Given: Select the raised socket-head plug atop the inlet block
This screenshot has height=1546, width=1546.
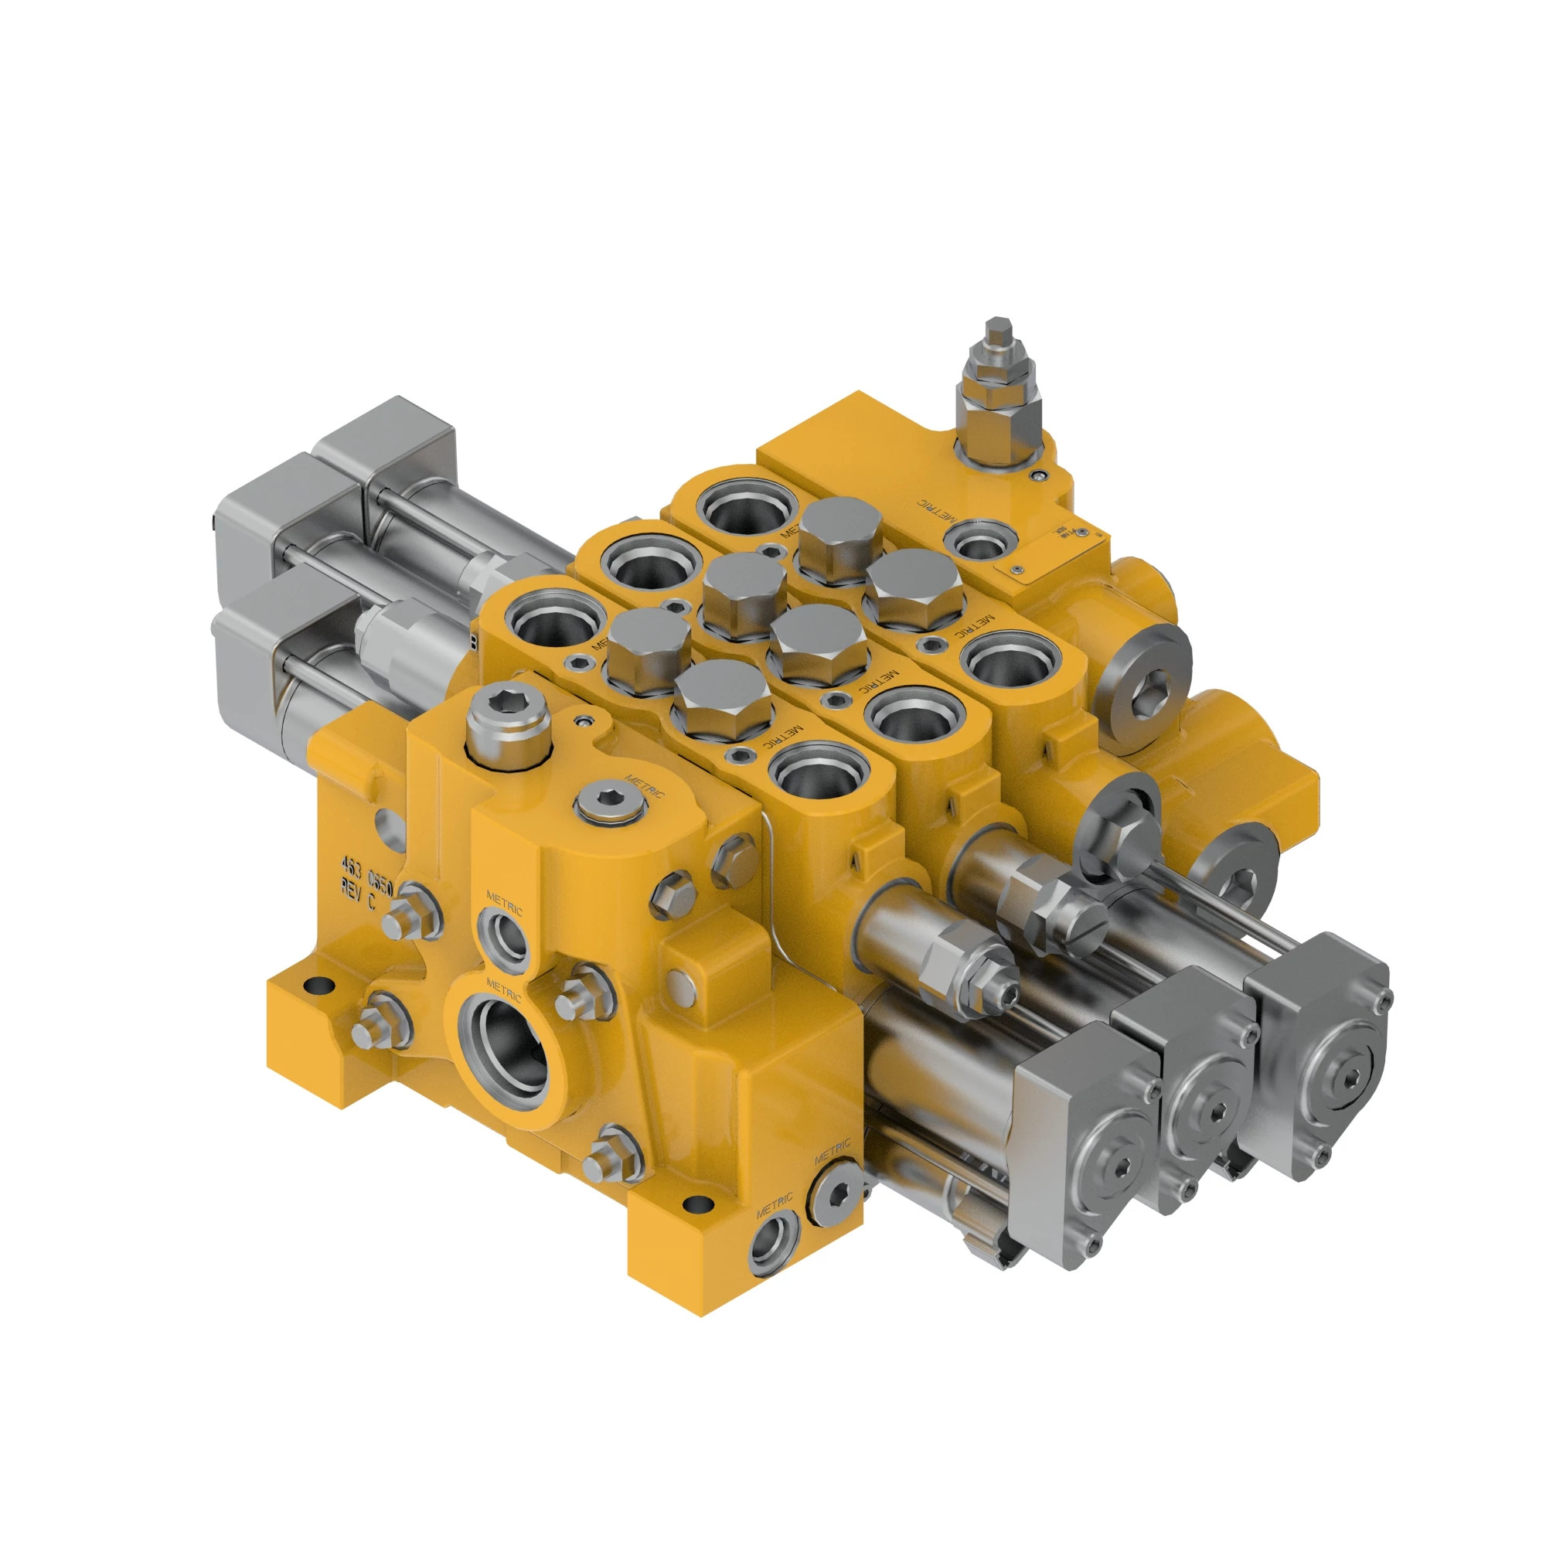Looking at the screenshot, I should pyautogui.click(x=507, y=727).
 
